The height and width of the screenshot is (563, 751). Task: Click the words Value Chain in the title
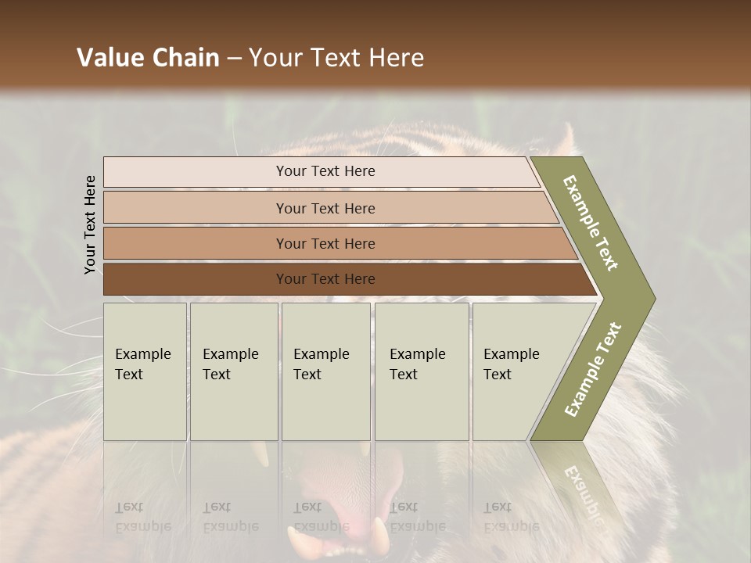[x=148, y=58]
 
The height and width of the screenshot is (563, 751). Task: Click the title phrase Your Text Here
[x=336, y=58]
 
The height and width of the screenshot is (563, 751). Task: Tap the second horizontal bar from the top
[x=325, y=208]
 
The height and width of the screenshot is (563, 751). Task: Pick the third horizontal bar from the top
[x=325, y=243]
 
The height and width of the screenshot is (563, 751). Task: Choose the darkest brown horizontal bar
[x=325, y=279]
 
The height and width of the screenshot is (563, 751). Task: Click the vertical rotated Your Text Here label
[x=90, y=225]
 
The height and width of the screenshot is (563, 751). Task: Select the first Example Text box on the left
[x=145, y=371]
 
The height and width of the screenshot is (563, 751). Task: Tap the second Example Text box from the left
[x=232, y=371]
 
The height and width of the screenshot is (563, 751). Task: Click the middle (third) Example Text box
[x=325, y=371]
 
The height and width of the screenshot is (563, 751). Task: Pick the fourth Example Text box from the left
[x=421, y=371]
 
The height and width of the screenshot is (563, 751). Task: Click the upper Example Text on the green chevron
[x=591, y=224]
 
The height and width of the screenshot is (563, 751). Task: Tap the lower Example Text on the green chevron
[x=593, y=369]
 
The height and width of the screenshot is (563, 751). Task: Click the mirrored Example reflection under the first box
[x=143, y=526]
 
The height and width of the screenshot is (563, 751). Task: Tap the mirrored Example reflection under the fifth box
[x=512, y=526]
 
